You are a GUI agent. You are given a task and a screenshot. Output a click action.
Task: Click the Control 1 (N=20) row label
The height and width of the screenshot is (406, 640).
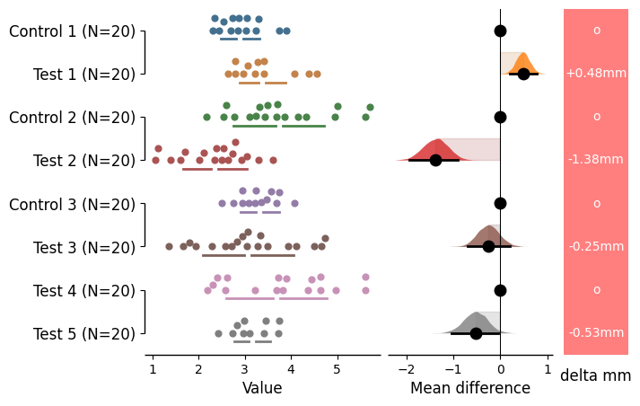pos(73,31)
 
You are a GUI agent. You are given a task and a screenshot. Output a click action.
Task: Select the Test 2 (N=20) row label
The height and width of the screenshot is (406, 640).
pos(84,161)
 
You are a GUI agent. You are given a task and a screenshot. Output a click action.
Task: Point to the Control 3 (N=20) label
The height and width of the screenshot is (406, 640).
pos(73,204)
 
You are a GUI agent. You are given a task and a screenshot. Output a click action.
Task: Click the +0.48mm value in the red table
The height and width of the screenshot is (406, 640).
pos(596,74)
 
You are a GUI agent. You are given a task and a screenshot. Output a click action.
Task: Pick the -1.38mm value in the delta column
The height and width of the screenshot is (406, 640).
pos(596,160)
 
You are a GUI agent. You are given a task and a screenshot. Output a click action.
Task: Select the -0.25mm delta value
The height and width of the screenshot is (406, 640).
pos(596,246)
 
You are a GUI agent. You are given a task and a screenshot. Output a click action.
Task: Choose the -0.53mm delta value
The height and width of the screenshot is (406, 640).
pos(596,333)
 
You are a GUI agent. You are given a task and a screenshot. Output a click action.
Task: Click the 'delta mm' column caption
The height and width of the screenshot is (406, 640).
pos(596,376)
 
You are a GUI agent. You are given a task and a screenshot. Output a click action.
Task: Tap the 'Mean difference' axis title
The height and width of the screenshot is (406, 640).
pos(470,388)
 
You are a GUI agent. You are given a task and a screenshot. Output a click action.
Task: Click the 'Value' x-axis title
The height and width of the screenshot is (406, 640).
pos(262,388)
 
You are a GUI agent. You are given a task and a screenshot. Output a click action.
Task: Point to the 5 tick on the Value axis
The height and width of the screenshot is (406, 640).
pos(338,368)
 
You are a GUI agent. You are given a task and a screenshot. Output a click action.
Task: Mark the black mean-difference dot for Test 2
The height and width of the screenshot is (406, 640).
pos(435,160)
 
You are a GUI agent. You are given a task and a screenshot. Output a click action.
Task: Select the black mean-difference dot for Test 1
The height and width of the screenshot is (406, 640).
pos(523,74)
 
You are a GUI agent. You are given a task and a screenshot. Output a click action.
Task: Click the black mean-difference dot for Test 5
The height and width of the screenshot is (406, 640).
pos(476,333)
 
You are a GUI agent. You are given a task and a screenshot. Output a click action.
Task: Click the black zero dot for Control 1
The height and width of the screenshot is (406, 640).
pos(500,31)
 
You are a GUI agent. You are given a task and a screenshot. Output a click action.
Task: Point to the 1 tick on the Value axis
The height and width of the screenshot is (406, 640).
pos(153,368)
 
